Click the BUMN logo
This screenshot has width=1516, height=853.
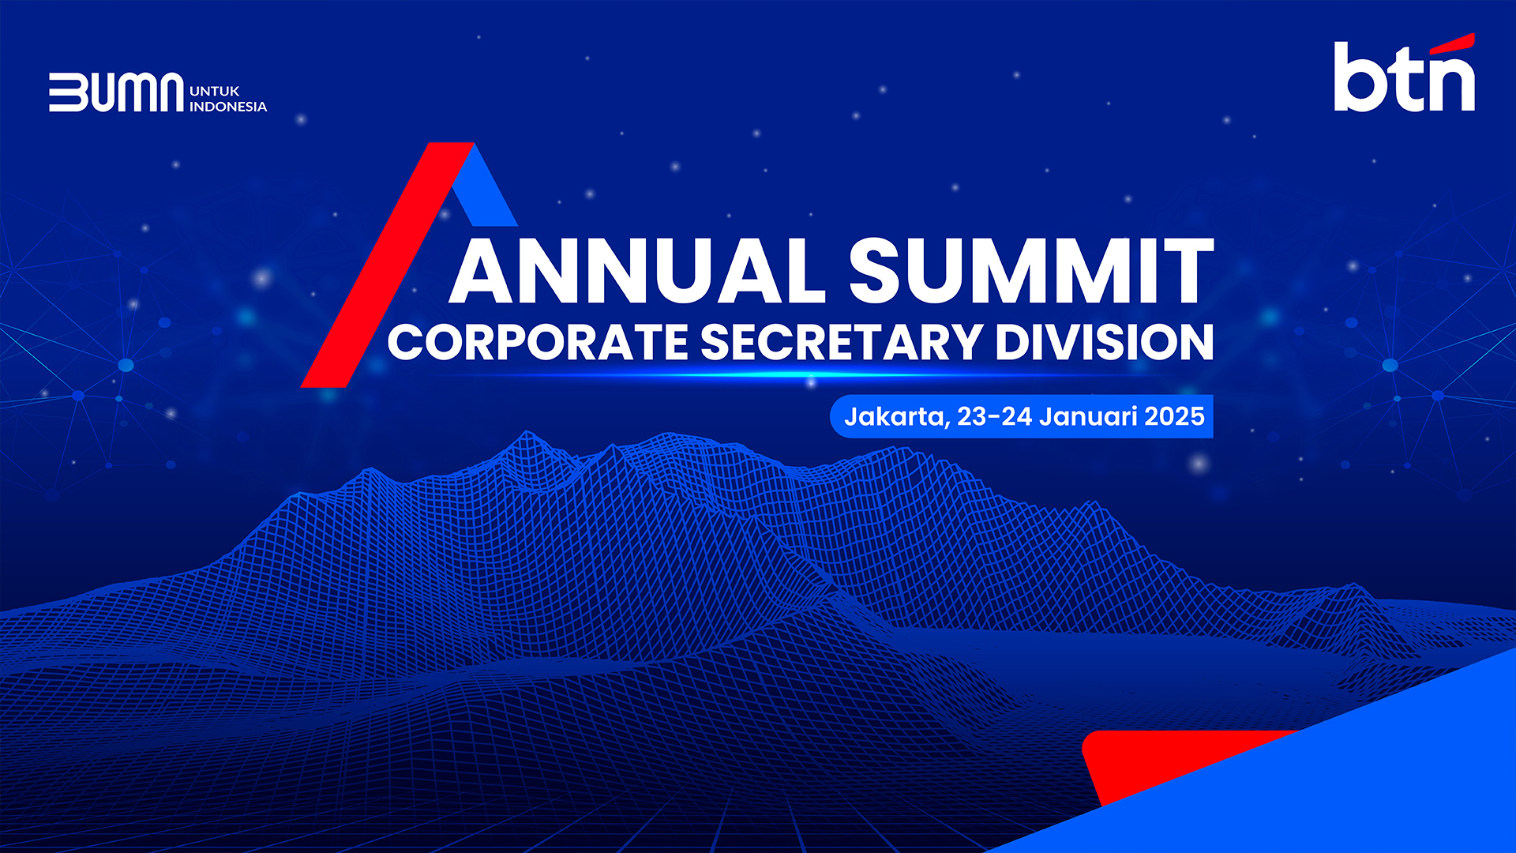116,92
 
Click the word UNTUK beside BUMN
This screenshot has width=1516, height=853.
215,91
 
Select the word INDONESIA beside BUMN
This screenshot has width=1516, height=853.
228,107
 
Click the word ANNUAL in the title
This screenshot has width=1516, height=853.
637,270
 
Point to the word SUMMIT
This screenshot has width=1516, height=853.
1031,270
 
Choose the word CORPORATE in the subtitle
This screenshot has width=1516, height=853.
538,342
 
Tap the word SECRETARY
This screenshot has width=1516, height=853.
841,342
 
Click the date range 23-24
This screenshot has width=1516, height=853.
994,416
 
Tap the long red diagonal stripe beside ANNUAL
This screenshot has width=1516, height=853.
387,265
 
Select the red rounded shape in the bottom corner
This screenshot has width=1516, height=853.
1169,762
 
